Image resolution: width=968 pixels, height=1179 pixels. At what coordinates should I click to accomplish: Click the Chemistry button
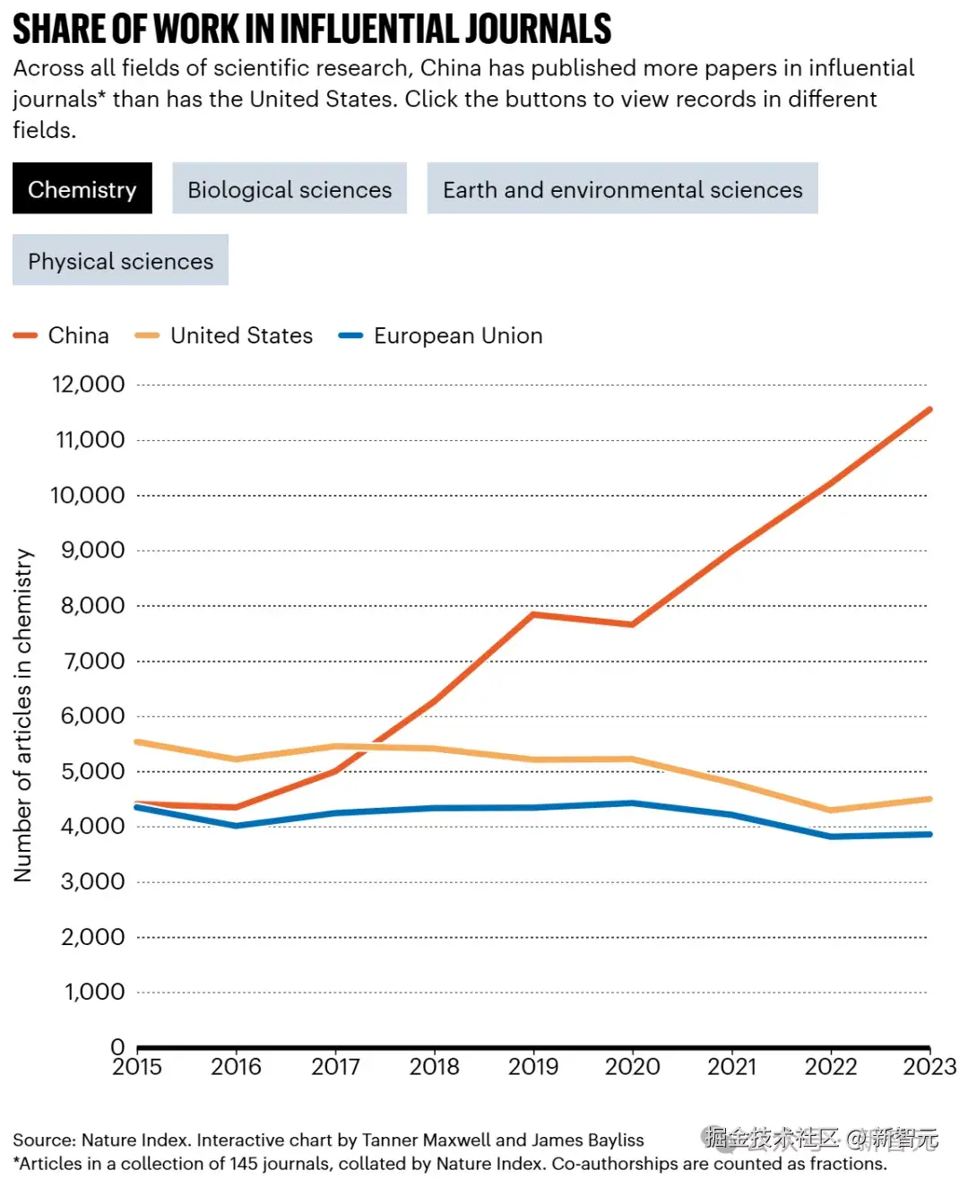pyautogui.click(x=82, y=189)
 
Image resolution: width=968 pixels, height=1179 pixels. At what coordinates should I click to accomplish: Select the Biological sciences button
pyautogui.click(x=290, y=189)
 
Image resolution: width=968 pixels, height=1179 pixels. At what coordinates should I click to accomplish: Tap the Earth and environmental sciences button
pyautogui.click(x=622, y=189)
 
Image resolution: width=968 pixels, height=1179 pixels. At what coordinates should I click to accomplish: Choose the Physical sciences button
pyautogui.click(x=120, y=261)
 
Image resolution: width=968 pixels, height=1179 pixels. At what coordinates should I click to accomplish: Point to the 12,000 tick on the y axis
pyautogui.click(x=89, y=385)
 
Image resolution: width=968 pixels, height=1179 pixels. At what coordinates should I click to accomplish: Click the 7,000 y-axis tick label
pyautogui.click(x=92, y=661)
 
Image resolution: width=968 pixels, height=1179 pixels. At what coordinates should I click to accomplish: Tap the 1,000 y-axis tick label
pyautogui.click(x=94, y=992)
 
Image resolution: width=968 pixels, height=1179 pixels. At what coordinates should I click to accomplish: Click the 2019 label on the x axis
pyautogui.click(x=533, y=1067)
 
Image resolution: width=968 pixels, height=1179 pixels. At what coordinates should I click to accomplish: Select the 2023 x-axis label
pyautogui.click(x=929, y=1067)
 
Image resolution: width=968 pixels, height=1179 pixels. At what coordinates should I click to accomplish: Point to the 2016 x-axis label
pyautogui.click(x=236, y=1067)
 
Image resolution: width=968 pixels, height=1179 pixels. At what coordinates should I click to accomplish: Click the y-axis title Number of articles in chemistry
pyautogui.click(x=23, y=715)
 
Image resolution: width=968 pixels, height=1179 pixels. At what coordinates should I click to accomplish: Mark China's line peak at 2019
pyautogui.click(x=533, y=614)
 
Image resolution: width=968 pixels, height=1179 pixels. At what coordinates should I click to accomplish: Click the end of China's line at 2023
pyautogui.click(x=929, y=410)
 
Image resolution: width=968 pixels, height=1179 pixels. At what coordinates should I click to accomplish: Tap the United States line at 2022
pyautogui.click(x=831, y=810)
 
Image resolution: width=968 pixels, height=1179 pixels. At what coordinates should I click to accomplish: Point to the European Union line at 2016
pyautogui.click(x=236, y=825)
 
